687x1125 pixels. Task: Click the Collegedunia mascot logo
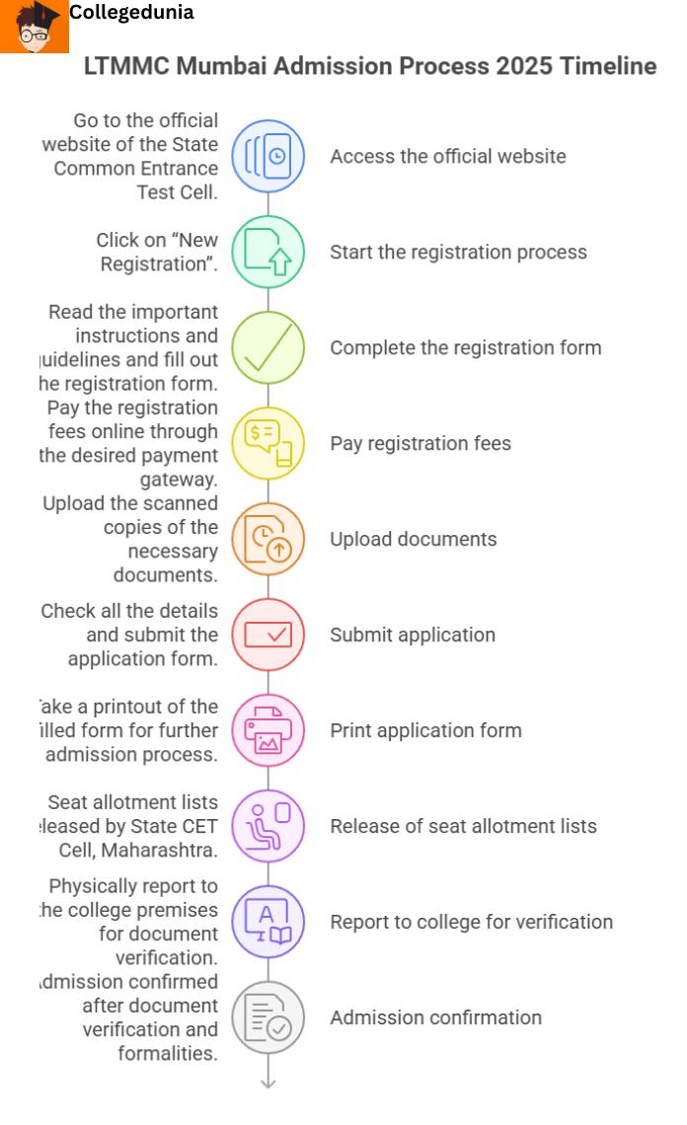(35, 27)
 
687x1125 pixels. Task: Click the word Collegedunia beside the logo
(131, 13)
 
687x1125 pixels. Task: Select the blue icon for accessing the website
(267, 156)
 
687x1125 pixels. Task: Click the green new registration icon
(267, 252)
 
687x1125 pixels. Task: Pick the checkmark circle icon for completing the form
(267, 347)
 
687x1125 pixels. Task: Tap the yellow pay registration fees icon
(267, 443)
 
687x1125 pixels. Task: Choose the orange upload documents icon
(267, 539)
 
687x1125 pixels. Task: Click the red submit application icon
(267, 635)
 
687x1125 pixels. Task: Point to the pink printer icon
(267, 730)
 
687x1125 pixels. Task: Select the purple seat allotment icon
(267, 826)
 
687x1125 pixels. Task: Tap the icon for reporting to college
(267, 922)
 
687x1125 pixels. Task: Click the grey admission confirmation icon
(267, 1017)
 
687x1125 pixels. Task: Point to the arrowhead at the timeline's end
(267, 1083)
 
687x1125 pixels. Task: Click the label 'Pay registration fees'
(420, 443)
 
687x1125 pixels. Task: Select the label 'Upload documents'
(413, 539)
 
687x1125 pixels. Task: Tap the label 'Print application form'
(425, 730)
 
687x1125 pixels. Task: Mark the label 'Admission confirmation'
(435, 1017)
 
